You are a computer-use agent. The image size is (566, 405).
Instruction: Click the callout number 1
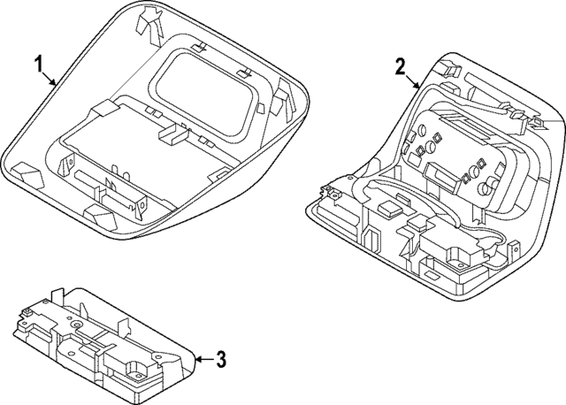(x=38, y=64)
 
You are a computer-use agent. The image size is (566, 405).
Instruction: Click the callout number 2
(x=400, y=66)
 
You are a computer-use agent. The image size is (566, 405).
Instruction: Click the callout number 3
(x=221, y=359)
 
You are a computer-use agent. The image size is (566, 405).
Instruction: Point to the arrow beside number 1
(x=53, y=81)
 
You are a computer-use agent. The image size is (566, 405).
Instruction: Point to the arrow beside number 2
(x=415, y=83)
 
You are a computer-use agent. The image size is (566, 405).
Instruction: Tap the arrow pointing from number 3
(x=202, y=359)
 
